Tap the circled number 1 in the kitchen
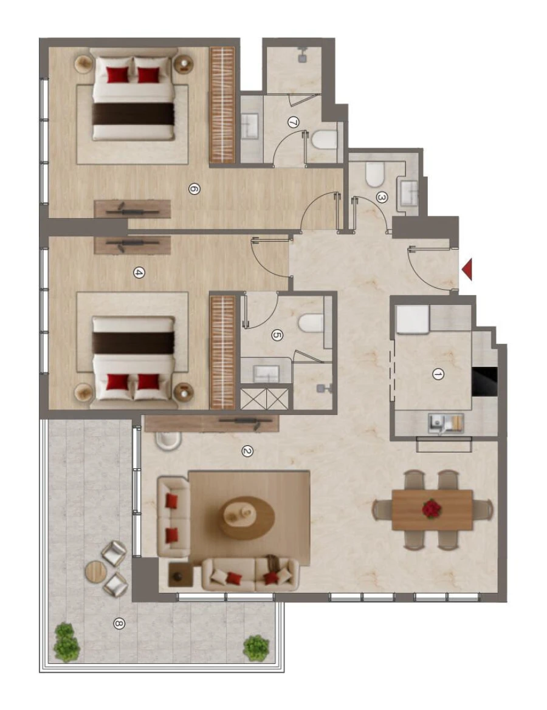pos(437,375)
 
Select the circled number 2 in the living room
pos(246,451)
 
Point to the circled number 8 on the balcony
pos(119,623)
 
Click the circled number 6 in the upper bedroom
pos(193,189)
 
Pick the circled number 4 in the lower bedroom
pos(139,273)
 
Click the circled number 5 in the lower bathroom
pos(277,334)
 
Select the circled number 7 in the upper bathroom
pos(293,123)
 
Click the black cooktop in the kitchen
pos(484,380)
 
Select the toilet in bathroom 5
pos(312,324)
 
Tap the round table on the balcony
pos(97,571)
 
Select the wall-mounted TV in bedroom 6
pos(132,210)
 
